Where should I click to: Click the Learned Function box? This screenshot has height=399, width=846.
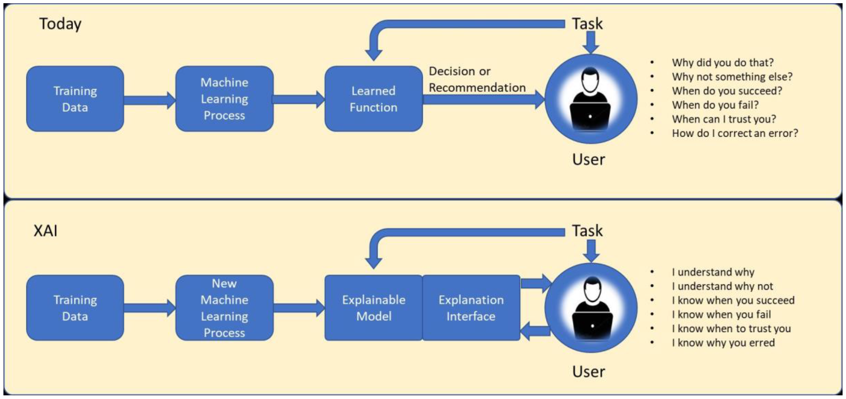tap(373, 99)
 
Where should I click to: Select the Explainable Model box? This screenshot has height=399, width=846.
tap(373, 308)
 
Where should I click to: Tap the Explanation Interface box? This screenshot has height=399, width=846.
tap(471, 308)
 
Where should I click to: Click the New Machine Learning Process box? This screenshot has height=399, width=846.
tap(224, 308)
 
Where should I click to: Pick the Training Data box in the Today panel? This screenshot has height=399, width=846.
tap(75, 99)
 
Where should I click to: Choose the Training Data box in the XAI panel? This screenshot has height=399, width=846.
tap(75, 308)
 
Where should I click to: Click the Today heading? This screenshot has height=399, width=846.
tap(60, 24)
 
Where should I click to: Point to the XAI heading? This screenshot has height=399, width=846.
tap(46, 231)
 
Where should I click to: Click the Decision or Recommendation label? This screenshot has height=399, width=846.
tap(477, 79)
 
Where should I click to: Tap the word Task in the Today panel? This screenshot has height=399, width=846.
tap(587, 24)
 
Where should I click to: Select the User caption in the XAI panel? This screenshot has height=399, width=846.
tap(588, 372)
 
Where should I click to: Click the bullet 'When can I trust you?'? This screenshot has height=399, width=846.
tap(724, 119)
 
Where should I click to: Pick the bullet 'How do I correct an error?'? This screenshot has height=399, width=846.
tap(735, 133)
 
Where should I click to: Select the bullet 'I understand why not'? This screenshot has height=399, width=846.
tap(722, 286)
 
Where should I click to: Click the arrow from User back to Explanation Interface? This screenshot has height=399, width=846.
tap(535, 331)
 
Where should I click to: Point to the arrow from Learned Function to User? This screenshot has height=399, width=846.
tap(483, 99)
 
